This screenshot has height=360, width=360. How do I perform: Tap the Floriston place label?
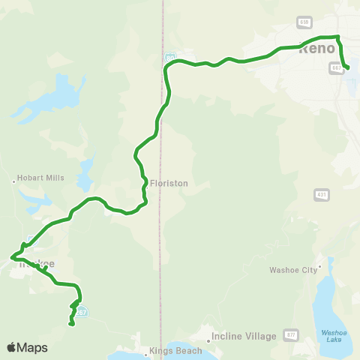(x=169, y=182)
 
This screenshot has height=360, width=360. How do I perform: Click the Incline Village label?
(x=244, y=337)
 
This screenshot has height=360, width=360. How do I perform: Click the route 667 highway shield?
(x=335, y=67)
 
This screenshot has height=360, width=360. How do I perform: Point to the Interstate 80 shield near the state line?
(x=171, y=57)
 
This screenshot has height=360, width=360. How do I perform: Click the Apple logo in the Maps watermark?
(x=11, y=347)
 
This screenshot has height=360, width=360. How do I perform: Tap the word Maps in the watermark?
(x=33, y=347)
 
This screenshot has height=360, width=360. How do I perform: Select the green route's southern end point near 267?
(x=70, y=324)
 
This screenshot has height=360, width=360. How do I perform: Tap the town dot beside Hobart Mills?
(x=15, y=180)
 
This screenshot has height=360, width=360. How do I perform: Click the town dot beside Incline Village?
(x=211, y=337)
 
